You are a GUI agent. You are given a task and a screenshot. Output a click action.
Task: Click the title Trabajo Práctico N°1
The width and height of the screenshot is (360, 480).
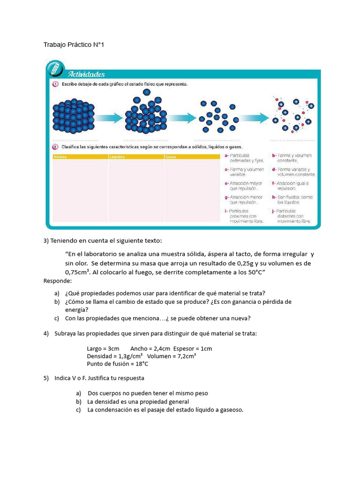click(73, 45)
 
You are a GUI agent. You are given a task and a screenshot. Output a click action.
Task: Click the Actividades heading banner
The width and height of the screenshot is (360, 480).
click(87, 74)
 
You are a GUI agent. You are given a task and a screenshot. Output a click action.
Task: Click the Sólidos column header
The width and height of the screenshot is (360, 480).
click(61, 157)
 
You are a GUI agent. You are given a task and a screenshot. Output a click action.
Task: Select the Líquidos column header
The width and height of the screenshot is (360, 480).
click(117, 157)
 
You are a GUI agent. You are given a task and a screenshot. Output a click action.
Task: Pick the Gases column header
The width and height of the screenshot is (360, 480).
click(171, 157)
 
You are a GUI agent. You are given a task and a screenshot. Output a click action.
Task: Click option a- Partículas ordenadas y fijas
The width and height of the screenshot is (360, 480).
click(244, 158)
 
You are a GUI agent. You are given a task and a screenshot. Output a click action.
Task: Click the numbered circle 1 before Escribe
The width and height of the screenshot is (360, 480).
click(55, 84)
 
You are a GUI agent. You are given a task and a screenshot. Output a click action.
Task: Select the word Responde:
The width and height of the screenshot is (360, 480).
click(58, 281)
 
